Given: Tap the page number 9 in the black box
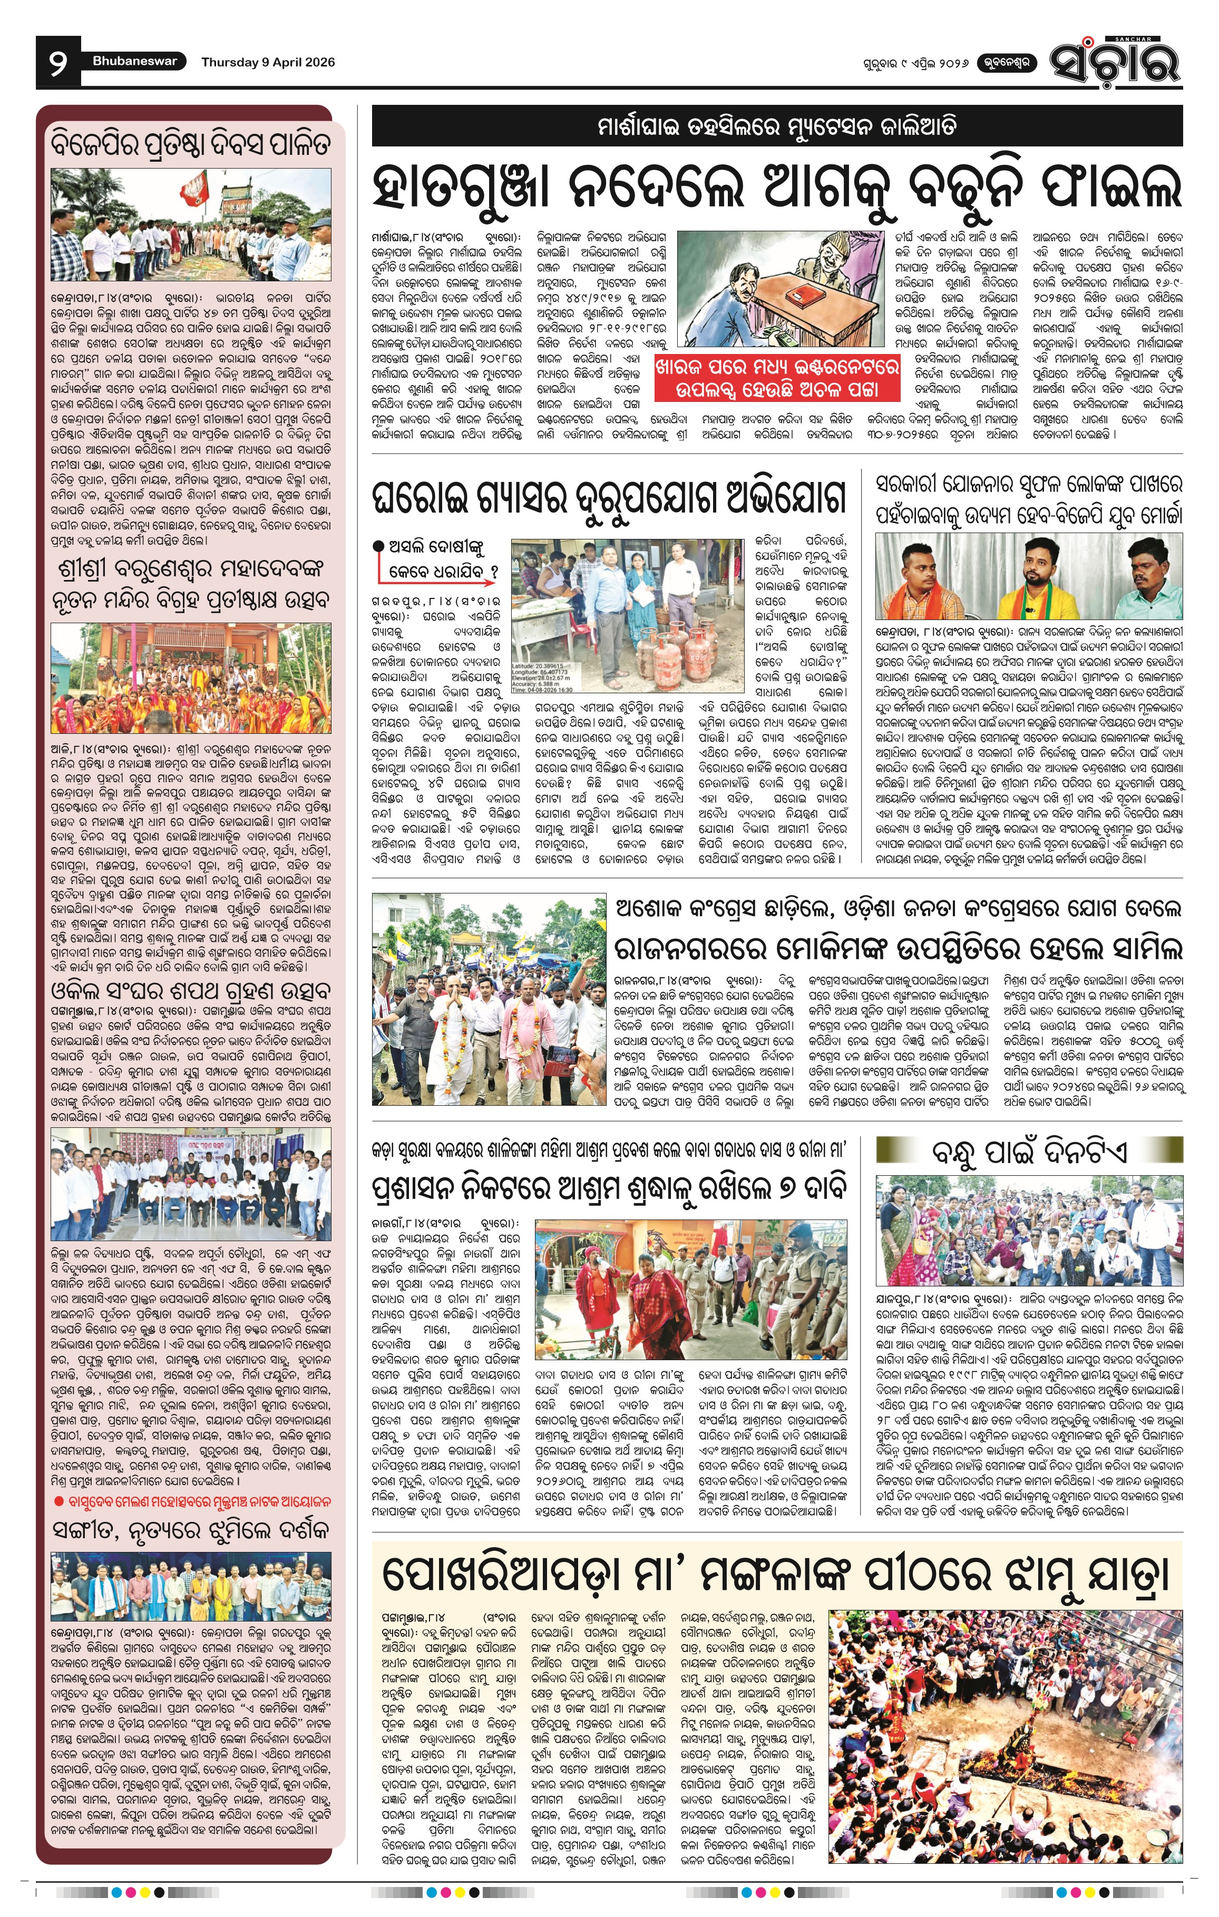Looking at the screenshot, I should (57, 63).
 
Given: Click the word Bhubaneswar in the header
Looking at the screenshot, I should (134, 61).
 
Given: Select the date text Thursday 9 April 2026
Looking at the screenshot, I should (268, 62).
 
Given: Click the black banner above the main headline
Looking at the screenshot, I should (776, 126).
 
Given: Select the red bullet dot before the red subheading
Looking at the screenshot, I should (59, 1501).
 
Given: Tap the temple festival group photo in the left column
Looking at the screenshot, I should (191, 677).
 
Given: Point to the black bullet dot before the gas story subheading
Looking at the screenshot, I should (378, 546).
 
